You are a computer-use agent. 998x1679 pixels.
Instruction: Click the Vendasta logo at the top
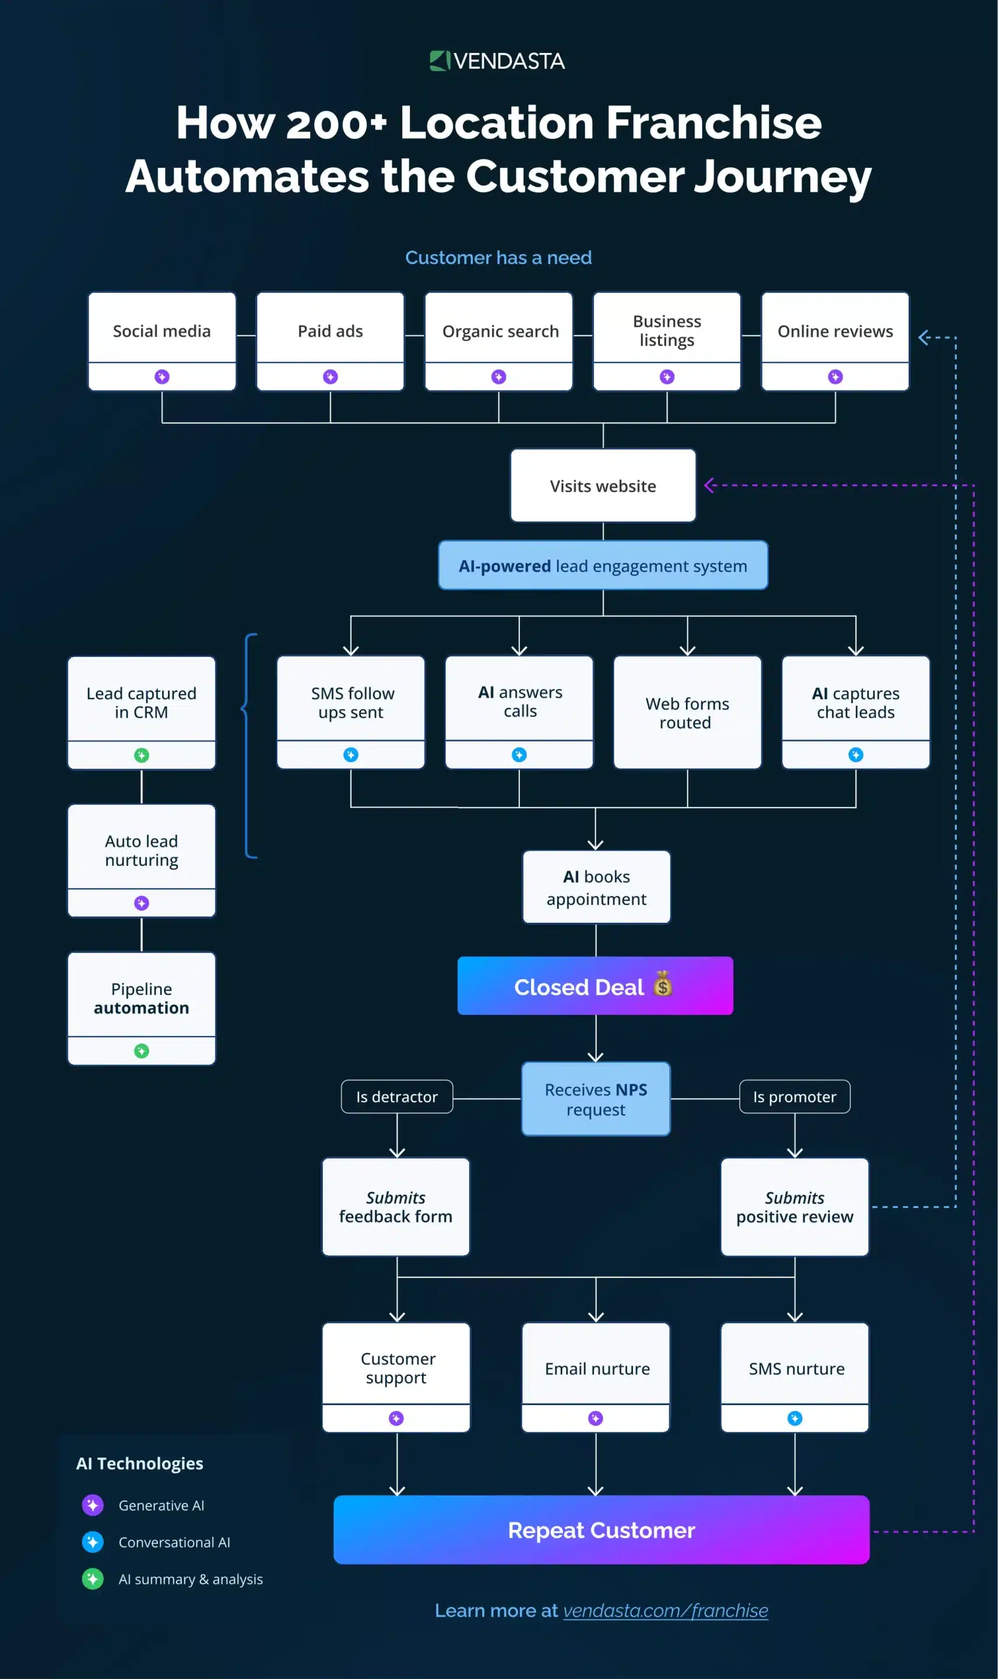click(x=498, y=61)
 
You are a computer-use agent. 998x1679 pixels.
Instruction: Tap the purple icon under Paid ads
click(x=330, y=377)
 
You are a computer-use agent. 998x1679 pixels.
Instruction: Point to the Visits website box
click(x=603, y=486)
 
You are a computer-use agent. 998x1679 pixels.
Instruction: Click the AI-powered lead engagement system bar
click(x=603, y=565)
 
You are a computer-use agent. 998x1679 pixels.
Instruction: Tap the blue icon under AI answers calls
click(x=519, y=754)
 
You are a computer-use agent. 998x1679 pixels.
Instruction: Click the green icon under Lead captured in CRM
click(x=141, y=755)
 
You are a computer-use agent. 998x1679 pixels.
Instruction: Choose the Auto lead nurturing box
click(x=141, y=850)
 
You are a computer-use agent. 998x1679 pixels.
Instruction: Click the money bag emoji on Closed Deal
click(x=662, y=985)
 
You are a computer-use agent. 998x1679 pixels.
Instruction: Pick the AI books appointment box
click(x=596, y=887)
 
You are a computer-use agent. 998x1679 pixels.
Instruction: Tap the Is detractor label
click(x=397, y=1097)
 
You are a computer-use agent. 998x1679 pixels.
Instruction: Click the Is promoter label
click(x=794, y=1097)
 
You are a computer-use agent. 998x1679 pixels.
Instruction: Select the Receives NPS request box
click(x=596, y=1099)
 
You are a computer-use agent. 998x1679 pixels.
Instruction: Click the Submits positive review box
click(x=794, y=1206)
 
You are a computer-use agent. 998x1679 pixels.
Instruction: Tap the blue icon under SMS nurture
click(x=794, y=1418)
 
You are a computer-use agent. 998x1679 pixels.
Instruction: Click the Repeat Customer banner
click(x=601, y=1530)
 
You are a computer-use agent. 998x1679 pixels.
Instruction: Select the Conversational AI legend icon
click(x=93, y=1542)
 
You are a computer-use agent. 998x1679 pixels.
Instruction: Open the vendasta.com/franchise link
click(x=665, y=1610)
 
